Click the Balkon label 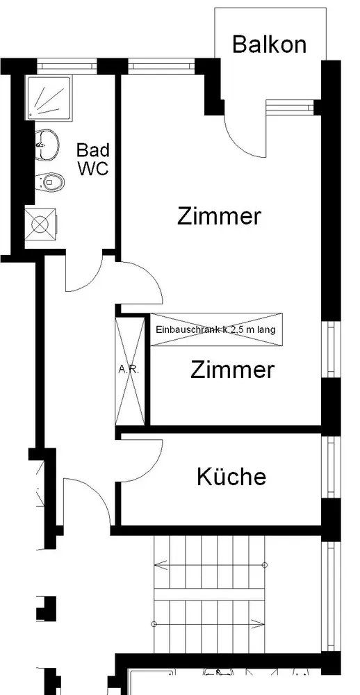pyautogui.click(x=269, y=44)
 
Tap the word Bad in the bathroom pyautogui.click(x=93, y=150)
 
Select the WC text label pyautogui.click(x=93, y=168)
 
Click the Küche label pyautogui.click(x=231, y=476)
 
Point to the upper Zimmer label pyautogui.click(x=219, y=216)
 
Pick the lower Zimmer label pyautogui.click(x=232, y=369)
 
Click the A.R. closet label pyautogui.click(x=129, y=370)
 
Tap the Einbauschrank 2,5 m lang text pyautogui.click(x=216, y=329)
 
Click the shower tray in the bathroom pyautogui.click(x=49, y=97)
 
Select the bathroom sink pyautogui.click(x=47, y=144)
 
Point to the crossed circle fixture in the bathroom pyautogui.click(x=41, y=224)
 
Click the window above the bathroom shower pyautogui.click(x=67, y=67)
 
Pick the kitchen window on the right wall pyautogui.click(x=332, y=467)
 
